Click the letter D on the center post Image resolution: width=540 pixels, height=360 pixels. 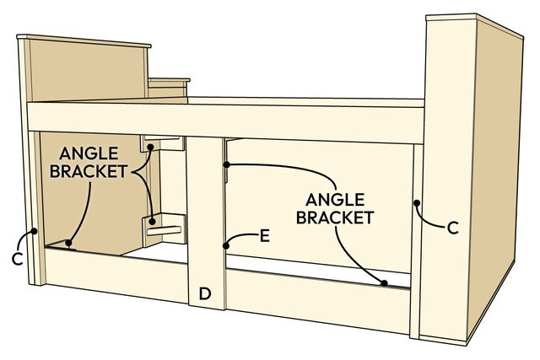(204, 293)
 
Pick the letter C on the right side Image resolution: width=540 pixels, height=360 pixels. (452, 227)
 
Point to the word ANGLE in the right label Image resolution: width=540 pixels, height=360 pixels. (335, 200)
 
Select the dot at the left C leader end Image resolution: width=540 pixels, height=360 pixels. (35, 230)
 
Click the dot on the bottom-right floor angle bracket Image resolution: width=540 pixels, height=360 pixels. (384, 283)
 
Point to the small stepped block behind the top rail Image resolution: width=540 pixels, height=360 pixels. (169, 89)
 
